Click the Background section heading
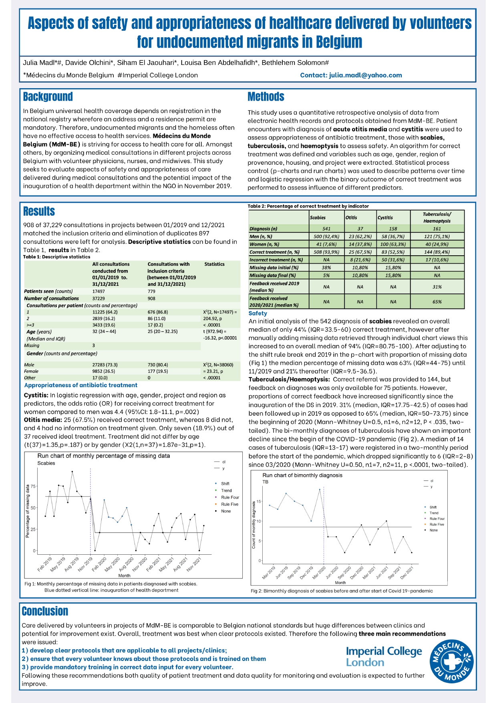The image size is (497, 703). pyautogui.click(x=48, y=97)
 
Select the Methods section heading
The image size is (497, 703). pyautogui.click(x=266, y=97)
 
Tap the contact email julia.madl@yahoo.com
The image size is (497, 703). pyautogui.click(x=351, y=75)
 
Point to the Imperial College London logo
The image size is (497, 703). pyautogui.click(x=384, y=657)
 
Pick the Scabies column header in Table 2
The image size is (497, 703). pyautogui.click(x=318, y=218)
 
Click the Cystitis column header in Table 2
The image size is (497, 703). pyautogui.click(x=385, y=218)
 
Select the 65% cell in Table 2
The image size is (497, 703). pyautogui.click(x=437, y=302)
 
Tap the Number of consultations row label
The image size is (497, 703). pyautogui.click(x=52, y=299)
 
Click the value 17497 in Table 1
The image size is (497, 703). pyautogui.click(x=99, y=291)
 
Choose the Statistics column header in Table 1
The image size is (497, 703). pyautogui.click(x=214, y=264)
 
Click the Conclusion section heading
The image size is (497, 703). pyautogui.click(x=45, y=611)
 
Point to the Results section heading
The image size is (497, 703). pyautogui.click(x=39, y=212)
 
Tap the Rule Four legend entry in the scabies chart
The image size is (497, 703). pyautogui.click(x=229, y=497)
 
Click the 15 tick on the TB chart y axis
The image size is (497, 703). pyautogui.click(x=259, y=501)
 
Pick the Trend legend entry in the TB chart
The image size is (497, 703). pyautogui.click(x=434, y=513)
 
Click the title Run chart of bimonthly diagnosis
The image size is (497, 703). pyautogui.click(x=302, y=475)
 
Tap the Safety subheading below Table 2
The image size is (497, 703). pyautogui.click(x=258, y=313)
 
